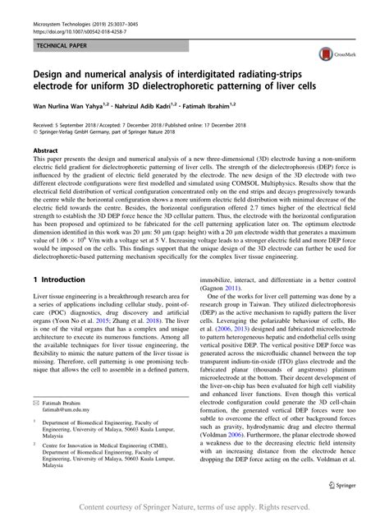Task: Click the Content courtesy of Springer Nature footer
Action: tap(194, 507)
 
